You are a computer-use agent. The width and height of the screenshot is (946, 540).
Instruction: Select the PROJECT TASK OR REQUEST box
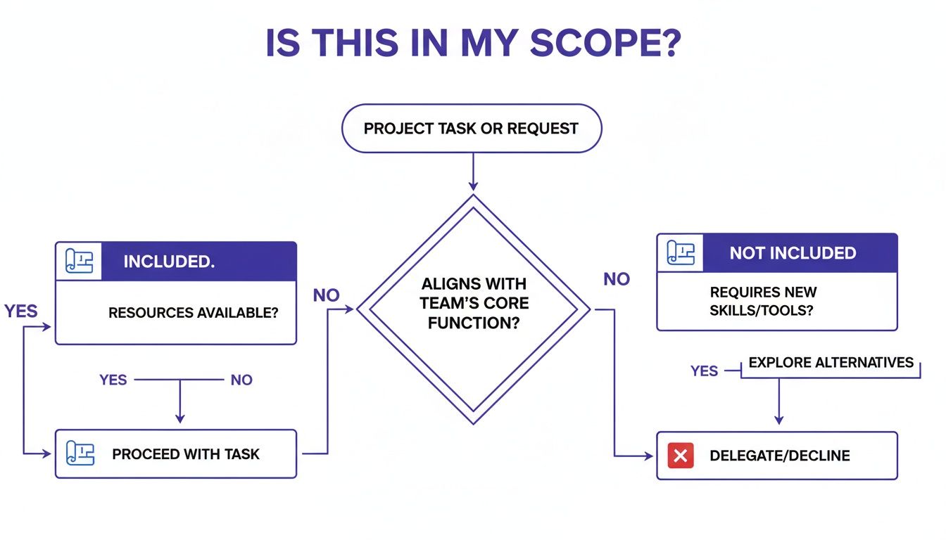[x=472, y=129]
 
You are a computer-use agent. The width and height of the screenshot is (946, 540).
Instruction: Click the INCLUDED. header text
[x=169, y=262]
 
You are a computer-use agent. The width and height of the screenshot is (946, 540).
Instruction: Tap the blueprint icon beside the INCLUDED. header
[x=79, y=262]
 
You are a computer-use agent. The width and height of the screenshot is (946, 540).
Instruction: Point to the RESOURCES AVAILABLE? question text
[x=193, y=312]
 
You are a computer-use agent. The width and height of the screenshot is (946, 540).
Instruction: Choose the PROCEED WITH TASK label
[x=186, y=454]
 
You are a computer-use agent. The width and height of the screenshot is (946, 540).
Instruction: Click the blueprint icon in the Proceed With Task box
[x=80, y=454]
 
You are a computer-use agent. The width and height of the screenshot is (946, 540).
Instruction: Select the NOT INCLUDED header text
[x=793, y=253]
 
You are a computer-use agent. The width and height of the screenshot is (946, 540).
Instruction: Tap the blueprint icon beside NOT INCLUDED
[x=681, y=253]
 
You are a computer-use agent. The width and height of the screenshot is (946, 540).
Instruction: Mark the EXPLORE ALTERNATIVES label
[x=831, y=363]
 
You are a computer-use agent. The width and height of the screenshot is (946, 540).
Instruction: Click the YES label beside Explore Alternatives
[x=704, y=371]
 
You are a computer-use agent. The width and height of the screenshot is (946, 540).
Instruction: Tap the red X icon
[x=680, y=456]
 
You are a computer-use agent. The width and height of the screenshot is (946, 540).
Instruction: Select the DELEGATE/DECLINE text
[x=780, y=456]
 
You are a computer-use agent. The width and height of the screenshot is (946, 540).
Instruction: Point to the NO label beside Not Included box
[x=617, y=279]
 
